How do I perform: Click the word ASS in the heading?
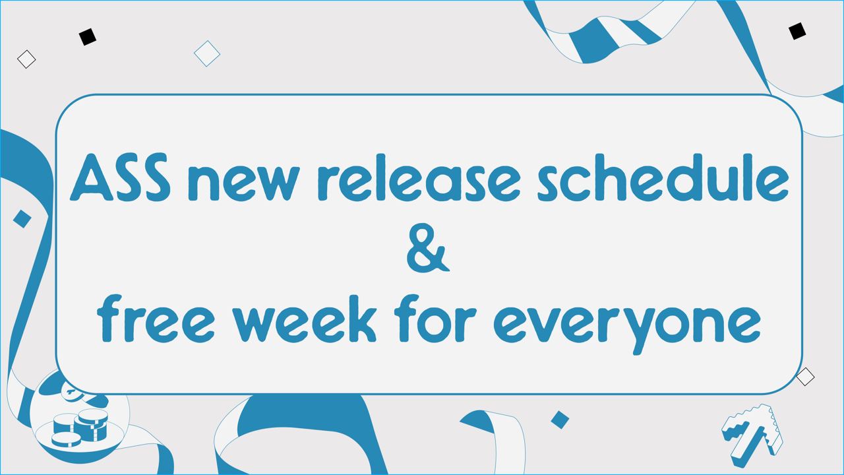coord(120,177)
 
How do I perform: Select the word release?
coord(421,177)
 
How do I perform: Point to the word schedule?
coord(663,177)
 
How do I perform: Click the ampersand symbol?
coord(428,247)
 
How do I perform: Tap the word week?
coord(305,318)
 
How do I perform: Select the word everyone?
coord(626,324)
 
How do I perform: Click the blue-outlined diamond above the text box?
coord(207,53)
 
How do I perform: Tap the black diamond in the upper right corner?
coord(797,31)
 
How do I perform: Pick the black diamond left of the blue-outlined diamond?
coord(88,37)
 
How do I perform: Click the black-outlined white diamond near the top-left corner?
coord(26,59)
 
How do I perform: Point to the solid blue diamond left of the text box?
coord(22,219)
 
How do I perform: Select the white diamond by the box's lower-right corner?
coord(805,376)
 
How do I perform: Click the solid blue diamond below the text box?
coord(560,420)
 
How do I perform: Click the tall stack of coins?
coord(91,425)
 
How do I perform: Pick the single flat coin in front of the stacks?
coord(67,439)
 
